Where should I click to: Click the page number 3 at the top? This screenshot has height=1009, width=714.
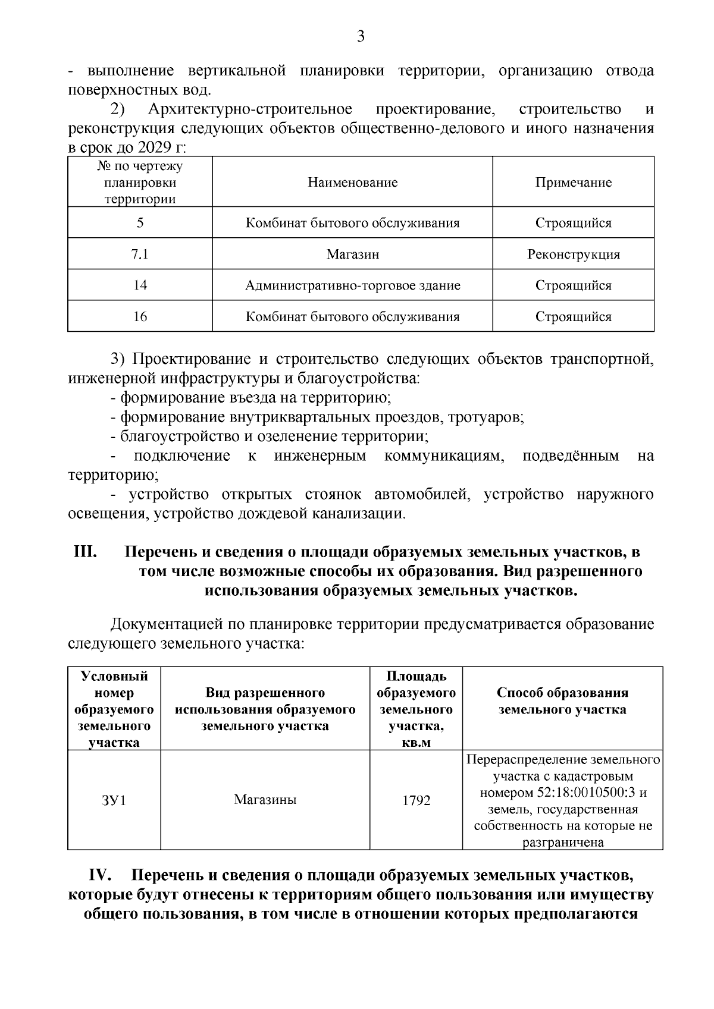click(360, 37)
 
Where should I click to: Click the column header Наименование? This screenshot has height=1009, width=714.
click(352, 183)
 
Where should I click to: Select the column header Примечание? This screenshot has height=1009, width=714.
click(573, 183)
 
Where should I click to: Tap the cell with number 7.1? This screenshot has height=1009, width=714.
click(140, 254)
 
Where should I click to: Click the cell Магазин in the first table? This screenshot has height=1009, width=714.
click(352, 254)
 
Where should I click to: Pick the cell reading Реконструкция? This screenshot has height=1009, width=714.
click(573, 254)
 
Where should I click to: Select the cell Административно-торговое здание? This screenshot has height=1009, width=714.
click(352, 285)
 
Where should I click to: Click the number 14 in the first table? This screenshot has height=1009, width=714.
click(140, 285)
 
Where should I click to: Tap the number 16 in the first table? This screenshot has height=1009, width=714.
click(140, 316)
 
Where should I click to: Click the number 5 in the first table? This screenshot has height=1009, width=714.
click(140, 223)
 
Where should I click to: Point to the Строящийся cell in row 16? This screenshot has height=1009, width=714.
click(573, 316)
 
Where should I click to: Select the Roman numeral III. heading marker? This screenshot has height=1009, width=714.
click(86, 552)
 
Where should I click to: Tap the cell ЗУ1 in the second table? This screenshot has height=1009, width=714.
click(114, 800)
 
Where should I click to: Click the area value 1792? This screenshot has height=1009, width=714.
click(416, 800)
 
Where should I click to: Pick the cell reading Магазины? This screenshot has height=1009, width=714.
click(265, 800)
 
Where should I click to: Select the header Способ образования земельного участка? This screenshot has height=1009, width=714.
click(562, 701)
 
